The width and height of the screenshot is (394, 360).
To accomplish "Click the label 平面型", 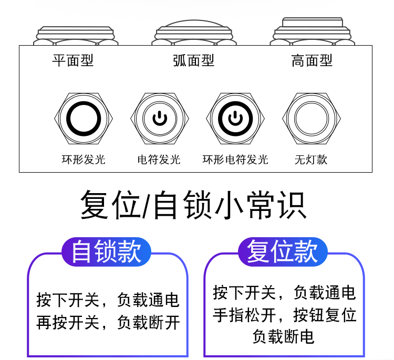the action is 73,60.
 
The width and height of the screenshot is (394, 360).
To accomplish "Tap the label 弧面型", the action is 194,60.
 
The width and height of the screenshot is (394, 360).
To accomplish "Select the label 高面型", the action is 312,60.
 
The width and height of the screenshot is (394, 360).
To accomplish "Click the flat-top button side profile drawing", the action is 76,35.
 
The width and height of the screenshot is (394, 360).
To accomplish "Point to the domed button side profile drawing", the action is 194,33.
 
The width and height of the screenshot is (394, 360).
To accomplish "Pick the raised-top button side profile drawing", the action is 312,31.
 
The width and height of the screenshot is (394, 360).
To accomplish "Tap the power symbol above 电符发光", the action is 159,119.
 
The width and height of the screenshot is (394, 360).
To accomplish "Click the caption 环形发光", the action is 84,159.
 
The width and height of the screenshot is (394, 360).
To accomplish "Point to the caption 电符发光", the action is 159,159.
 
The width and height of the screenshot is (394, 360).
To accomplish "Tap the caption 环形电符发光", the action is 235,159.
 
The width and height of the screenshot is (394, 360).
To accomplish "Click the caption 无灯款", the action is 311,159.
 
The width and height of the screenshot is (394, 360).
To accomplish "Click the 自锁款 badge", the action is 107,251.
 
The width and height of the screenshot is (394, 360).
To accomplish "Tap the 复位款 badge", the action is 283,251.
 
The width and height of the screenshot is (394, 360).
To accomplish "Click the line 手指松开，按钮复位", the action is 284,315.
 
